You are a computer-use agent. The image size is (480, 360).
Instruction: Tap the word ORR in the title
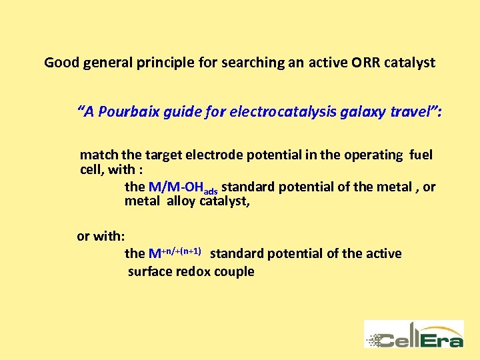point(360,63)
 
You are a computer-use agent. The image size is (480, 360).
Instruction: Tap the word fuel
point(421,155)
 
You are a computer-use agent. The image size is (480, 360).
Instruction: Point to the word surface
point(148,271)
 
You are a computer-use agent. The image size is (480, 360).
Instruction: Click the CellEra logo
point(413,334)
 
